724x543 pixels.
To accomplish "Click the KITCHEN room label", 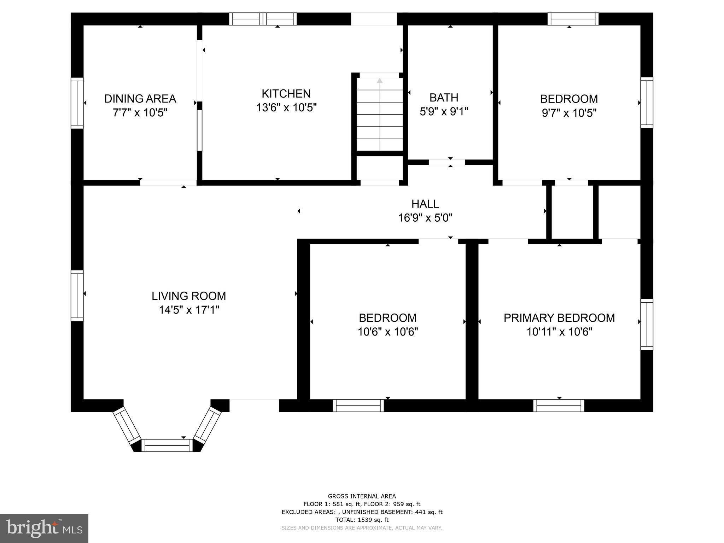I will coord(286,94).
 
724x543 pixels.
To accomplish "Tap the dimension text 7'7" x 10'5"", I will coord(140,113).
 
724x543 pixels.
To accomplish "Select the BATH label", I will coord(444,98).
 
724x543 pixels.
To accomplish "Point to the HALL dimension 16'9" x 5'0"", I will coord(425,218).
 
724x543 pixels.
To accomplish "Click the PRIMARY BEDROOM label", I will coord(559,318).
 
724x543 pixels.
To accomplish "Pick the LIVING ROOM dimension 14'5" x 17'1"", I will coord(189,310).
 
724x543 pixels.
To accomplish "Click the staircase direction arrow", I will coord(380,81).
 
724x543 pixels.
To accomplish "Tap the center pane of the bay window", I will coord(167,445).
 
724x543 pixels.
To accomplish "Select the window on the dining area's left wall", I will coord(77,103).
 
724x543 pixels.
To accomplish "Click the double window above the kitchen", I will coord(263,19).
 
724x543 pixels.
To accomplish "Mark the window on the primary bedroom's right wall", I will coord(647,324).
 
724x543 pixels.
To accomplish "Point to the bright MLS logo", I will coord(44,529).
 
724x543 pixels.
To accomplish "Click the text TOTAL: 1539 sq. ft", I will coord(362,520).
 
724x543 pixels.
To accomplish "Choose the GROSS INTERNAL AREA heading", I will coord(362,496).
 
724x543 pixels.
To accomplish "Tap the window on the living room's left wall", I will coord(77,296).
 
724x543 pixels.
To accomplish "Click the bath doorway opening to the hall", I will coord(447,162).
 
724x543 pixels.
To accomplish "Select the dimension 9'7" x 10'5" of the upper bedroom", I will coord(569,113).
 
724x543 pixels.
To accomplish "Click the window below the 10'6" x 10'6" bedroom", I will coord(358,405).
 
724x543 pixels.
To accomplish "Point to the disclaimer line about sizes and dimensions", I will coord(362,528).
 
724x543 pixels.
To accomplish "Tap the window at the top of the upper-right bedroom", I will coord(573,19).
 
